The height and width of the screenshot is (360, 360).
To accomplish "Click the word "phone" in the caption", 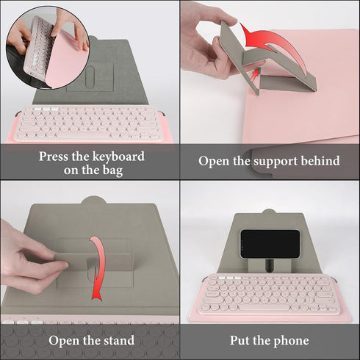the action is pyautogui.click(x=291, y=341).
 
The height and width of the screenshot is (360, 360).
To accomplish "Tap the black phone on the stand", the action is pyautogui.click(x=270, y=244).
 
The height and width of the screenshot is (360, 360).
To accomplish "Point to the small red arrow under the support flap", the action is pyautogui.click(x=256, y=74).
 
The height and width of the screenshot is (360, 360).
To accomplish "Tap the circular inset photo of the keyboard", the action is pyautogui.click(x=47, y=48).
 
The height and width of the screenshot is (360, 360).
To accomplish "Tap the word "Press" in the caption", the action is pyautogui.click(x=54, y=156).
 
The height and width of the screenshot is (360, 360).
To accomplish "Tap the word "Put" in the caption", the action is pyautogui.click(x=240, y=340).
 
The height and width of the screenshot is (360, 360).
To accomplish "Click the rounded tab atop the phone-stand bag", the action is pyautogui.click(x=269, y=212).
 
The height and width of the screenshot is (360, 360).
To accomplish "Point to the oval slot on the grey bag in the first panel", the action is pyautogui.click(x=90, y=76).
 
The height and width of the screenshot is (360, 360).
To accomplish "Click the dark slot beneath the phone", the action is pyautogui.click(x=270, y=265).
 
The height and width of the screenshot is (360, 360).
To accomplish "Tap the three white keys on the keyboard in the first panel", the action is pyautogui.click(x=46, y=109).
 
